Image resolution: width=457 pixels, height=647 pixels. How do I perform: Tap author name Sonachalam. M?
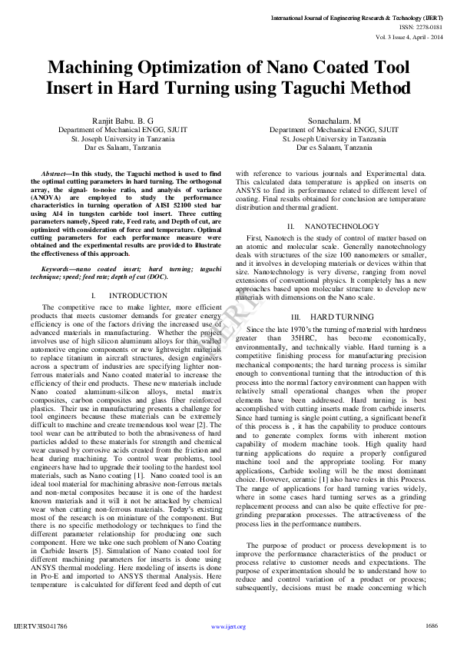(334, 121)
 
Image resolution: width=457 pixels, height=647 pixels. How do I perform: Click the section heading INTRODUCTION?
(133, 295)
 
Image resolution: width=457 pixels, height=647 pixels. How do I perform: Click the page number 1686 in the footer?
(431, 626)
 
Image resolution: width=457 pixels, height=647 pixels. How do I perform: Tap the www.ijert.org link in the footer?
(228, 627)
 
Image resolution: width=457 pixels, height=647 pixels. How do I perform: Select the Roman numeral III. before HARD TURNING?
(296, 317)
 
